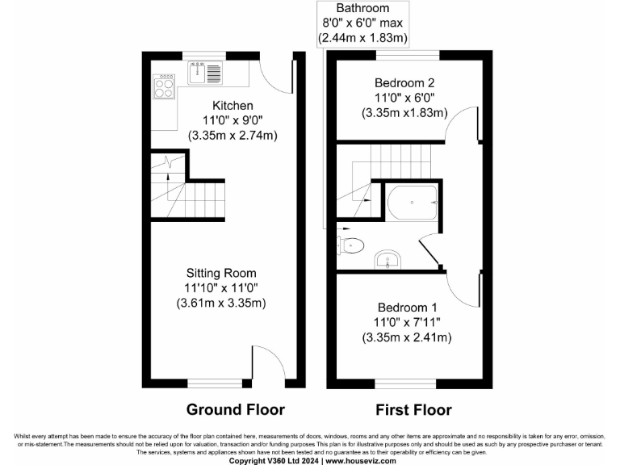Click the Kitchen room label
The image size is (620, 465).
pos(232,106)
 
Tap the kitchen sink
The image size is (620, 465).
pos(199,73)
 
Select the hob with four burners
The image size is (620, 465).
pos(164,86)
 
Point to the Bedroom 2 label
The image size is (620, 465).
pos(404,82)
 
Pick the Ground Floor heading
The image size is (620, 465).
pos(236,408)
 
